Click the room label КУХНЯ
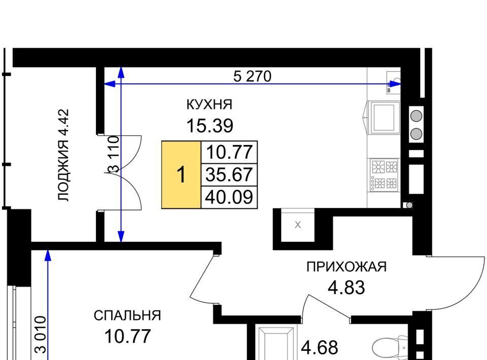(210, 104)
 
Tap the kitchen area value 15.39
(210, 126)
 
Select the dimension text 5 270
(252, 76)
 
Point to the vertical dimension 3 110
(113, 154)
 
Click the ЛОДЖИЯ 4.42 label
(63, 155)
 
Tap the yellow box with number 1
(181, 174)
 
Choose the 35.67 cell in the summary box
(229, 174)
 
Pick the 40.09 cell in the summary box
(229, 197)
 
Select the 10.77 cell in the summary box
(229, 152)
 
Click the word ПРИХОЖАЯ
(346, 267)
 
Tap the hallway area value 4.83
(346, 287)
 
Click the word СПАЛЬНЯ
(127, 315)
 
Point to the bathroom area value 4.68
(320, 348)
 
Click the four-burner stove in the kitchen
(384, 175)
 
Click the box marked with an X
(298, 225)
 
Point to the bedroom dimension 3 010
(41, 335)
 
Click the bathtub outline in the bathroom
(276, 343)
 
